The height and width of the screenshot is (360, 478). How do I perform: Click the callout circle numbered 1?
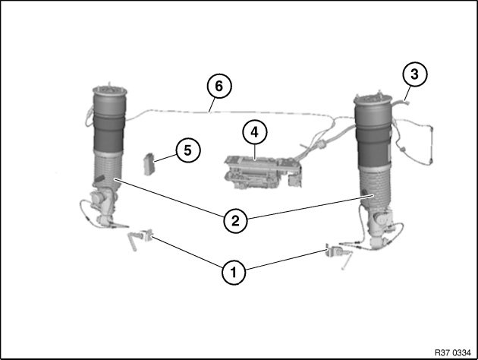(x=234, y=272)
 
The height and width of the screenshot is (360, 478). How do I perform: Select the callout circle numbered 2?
(x=235, y=220)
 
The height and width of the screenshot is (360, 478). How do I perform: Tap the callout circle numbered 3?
(x=414, y=74)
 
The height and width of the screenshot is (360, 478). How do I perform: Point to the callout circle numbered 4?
(x=254, y=133)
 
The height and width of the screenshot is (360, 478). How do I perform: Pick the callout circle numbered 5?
(x=188, y=150)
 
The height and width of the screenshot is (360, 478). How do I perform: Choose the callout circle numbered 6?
(x=219, y=86)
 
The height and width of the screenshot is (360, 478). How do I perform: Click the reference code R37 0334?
(x=452, y=353)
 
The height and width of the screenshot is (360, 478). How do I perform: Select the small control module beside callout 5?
(x=149, y=164)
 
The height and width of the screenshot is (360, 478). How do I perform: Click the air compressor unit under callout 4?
(x=263, y=172)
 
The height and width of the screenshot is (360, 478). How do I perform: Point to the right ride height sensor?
(x=338, y=254)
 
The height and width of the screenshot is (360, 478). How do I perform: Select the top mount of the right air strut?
(x=373, y=99)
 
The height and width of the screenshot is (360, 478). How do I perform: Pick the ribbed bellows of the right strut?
(x=375, y=186)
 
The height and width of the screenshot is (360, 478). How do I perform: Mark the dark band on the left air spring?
(x=107, y=134)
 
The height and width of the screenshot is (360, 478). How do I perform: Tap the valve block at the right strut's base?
(x=379, y=227)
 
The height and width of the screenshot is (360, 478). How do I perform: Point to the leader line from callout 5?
(x=165, y=158)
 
